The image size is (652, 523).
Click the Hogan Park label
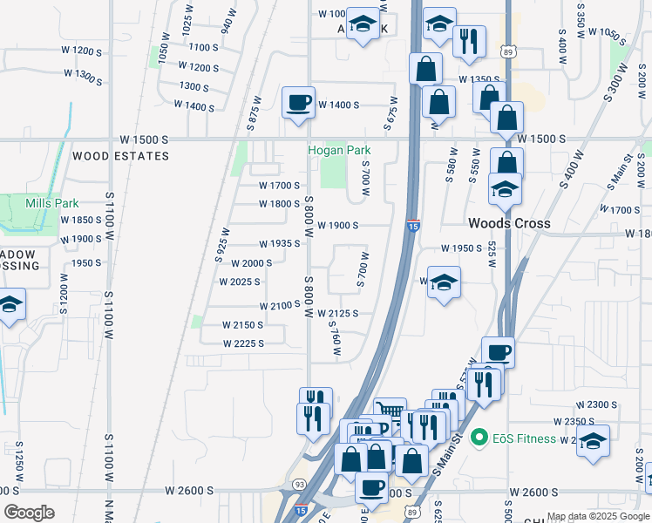pyautogui.click(x=339, y=150)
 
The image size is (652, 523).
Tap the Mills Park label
pyautogui.click(x=52, y=203)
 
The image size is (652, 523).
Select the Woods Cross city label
pyautogui.click(x=509, y=223)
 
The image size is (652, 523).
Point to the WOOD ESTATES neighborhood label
pyautogui.click(x=120, y=156)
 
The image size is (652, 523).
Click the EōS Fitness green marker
pyautogui.click(x=478, y=438)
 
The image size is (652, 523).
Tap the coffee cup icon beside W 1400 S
pyautogui.click(x=298, y=103)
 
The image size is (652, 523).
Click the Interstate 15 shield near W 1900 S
pyautogui.click(x=413, y=225)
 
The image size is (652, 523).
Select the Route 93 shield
pyautogui.click(x=299, y=484)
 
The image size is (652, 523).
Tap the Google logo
pyautogui.click(x=29, y=513)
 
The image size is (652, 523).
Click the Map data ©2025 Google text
pyautogui.click(x=598, y=516)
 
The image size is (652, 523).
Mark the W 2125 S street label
pyautogui.click(x=338, y=313)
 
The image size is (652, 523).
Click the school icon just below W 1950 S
pyautogui.click(x=444, y=283)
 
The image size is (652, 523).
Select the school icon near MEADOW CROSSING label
pyautogui.click(x=10, y=305)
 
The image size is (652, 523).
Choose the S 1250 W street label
pyautogui.click(x=17, y=460)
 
